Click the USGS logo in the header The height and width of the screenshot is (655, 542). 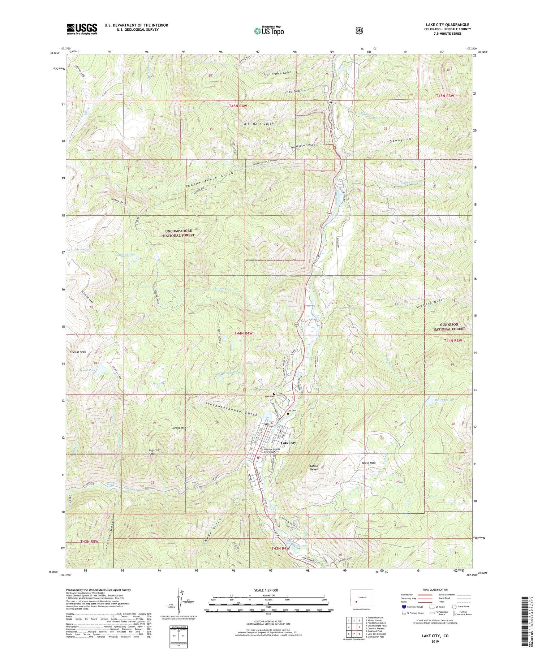(x=82, y=29)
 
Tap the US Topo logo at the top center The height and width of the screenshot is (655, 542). (x=269, y=31)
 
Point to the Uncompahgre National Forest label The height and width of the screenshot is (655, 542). (x=175, y=233)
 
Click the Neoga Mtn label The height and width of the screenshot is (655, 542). (x=179, y=428)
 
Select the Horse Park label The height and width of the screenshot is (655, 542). (x=369, y=463)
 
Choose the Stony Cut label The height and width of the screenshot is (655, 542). (x=401, y=139)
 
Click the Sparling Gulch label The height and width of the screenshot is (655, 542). (x=430, y=302)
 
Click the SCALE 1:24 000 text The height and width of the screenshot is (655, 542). (x=268, y=590)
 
